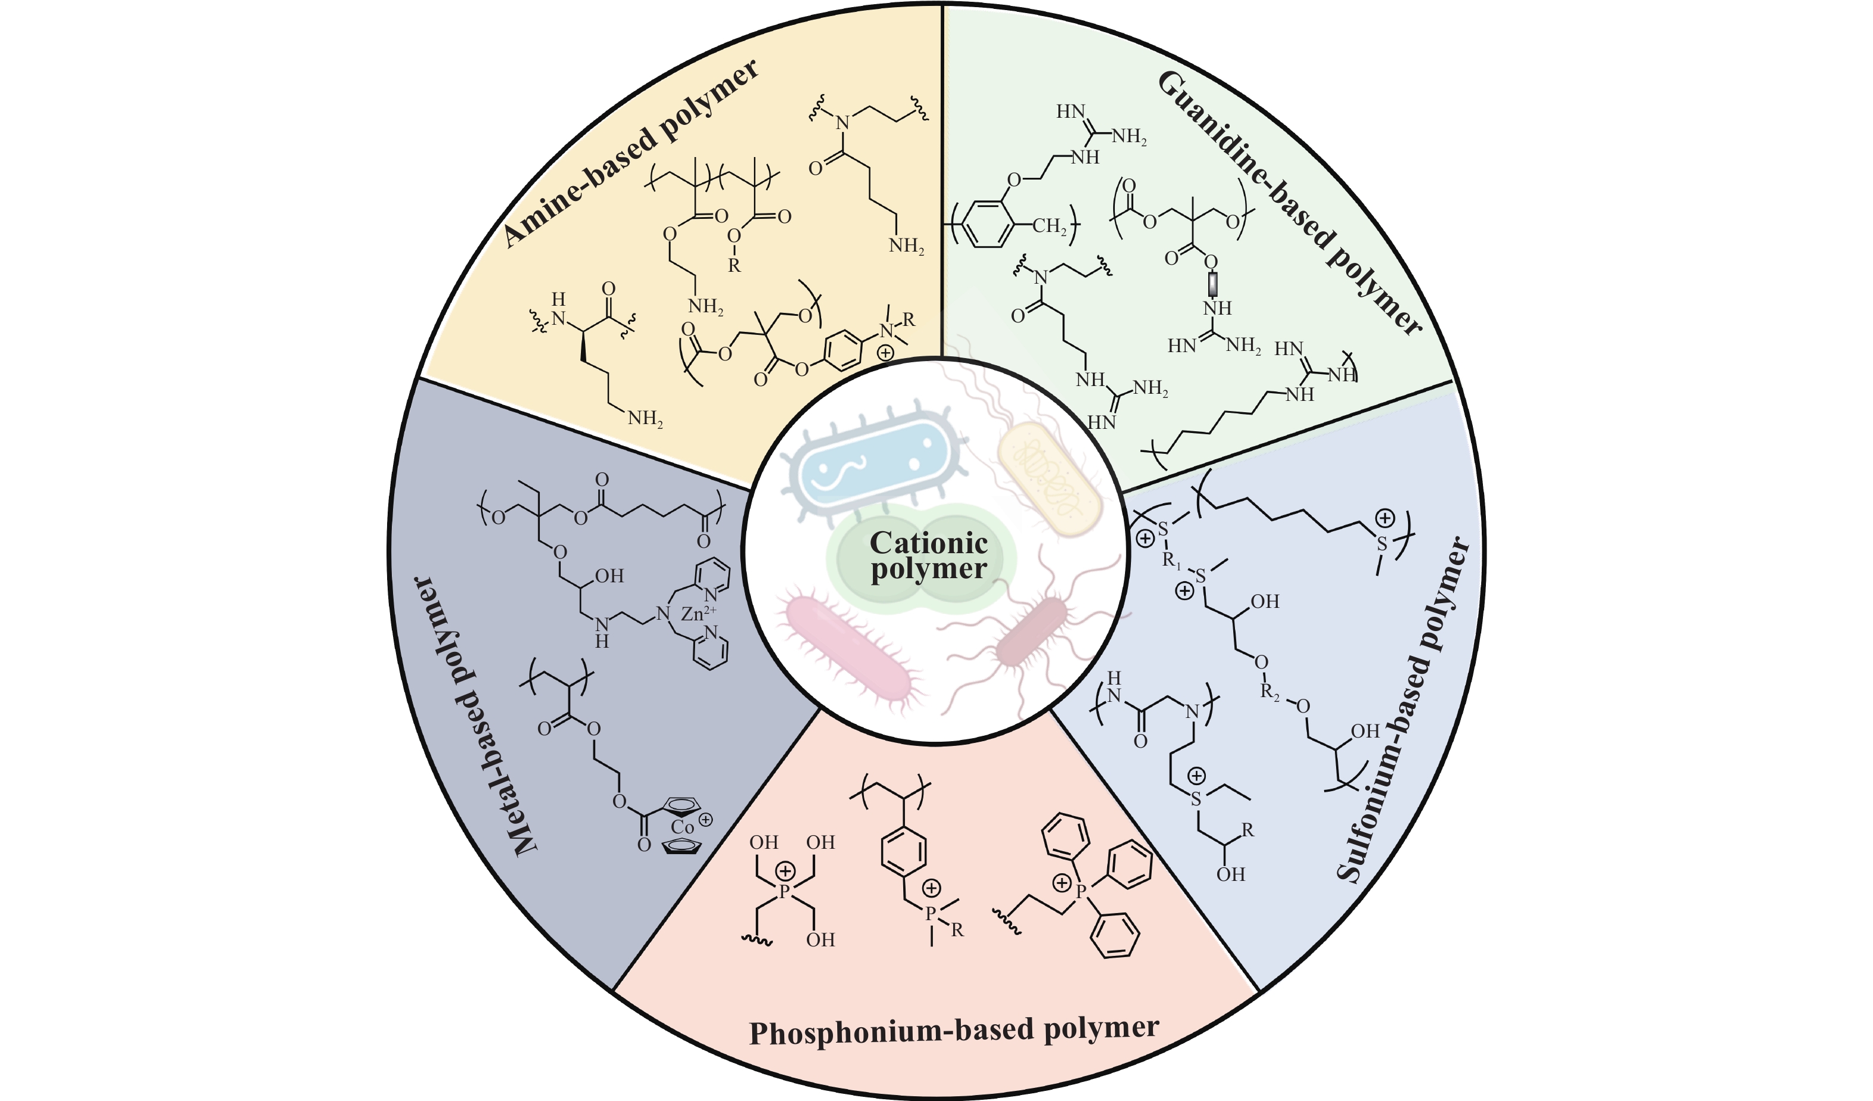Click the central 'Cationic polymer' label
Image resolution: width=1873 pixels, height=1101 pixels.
[928, 556]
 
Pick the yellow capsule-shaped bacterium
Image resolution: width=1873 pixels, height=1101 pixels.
[1049, 479]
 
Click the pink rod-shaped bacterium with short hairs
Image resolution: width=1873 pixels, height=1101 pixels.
[847, 647]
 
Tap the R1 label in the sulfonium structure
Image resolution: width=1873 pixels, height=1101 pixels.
[1172, 562]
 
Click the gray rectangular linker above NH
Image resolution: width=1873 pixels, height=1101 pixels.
[1212, 283]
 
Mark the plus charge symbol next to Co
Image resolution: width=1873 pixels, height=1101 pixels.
[705, 820]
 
